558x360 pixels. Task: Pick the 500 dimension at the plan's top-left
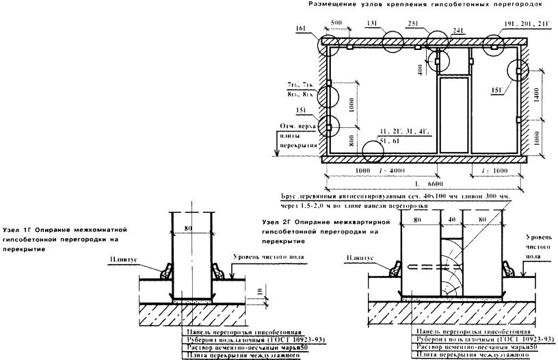[336, 22]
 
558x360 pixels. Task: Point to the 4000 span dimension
[395, 170]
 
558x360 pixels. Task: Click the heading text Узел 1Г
[17, 230]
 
